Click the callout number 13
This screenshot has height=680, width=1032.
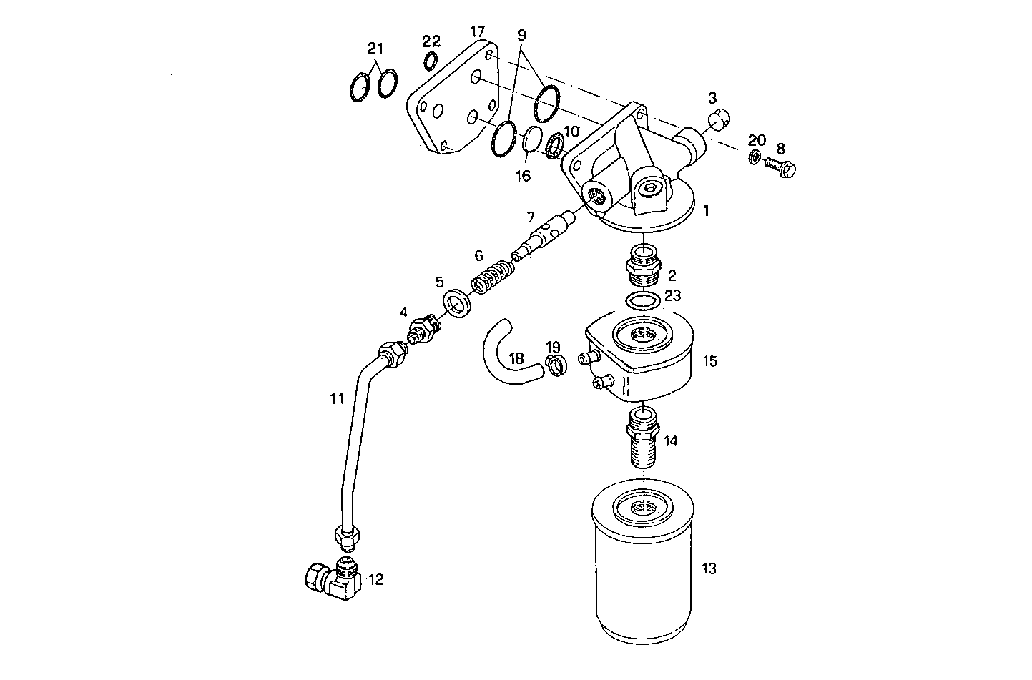coord(709,569)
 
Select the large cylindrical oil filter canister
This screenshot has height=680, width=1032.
coord(642,565)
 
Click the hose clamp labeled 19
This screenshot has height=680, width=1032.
coord(555,365)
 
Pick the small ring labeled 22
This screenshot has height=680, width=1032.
coord(431,61)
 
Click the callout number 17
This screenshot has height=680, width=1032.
coord(478,31)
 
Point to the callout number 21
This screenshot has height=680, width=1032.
coord(375,49)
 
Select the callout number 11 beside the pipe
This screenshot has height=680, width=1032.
coord(337,399)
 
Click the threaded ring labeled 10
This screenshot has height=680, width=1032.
coord(555,146)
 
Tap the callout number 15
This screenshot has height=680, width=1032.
coord(709,361)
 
